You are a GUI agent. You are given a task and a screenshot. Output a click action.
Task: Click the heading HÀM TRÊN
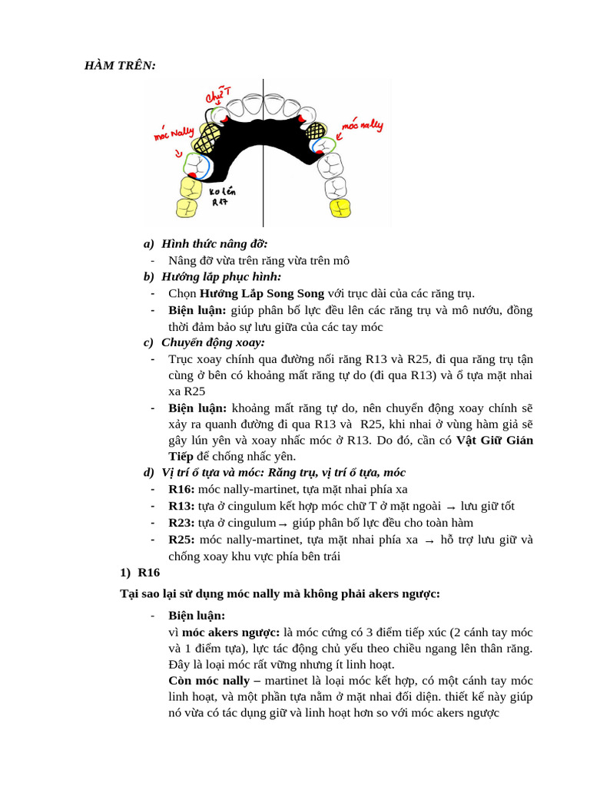(120, 65)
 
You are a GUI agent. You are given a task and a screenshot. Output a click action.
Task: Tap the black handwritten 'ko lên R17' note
(221, 196)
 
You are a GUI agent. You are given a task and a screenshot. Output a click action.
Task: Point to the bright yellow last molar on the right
(340, 207)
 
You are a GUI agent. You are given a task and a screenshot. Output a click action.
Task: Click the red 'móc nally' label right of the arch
(362, 125)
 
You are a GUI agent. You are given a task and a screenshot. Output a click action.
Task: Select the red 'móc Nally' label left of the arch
(174, 134)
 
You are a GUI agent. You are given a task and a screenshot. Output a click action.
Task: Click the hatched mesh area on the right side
(316, 131)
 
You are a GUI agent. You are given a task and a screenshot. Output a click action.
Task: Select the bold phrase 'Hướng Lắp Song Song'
(261, 293)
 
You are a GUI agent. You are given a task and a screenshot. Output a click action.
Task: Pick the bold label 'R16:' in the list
(181, 489)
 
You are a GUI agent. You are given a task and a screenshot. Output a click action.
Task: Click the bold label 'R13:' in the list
(181, 506)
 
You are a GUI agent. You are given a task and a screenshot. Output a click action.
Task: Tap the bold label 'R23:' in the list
(181, 523)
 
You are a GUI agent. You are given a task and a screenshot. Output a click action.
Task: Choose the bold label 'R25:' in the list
(181, 540)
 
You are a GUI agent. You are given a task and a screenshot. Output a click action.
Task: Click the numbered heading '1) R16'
(140, 573)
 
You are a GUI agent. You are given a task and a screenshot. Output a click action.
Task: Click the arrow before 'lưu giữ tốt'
(451, 507)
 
